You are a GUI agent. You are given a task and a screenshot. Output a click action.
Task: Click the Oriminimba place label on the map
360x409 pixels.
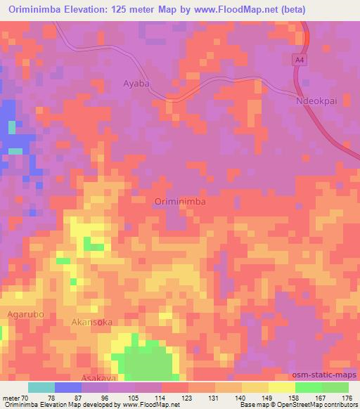(x=179, y=202)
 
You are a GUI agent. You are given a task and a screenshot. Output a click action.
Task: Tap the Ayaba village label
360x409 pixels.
(x=136, y=83)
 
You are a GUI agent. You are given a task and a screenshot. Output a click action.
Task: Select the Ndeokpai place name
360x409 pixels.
(x=316, y=100)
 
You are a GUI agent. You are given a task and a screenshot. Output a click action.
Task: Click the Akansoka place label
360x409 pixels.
(x=92, y=322)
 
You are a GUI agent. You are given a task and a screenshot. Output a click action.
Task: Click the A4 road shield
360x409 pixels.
(x=300, y=61)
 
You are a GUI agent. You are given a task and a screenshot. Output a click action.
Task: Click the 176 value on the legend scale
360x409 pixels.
(x=348, y=397)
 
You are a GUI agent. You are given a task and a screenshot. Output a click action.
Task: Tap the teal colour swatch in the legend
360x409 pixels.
(x=41, y=387)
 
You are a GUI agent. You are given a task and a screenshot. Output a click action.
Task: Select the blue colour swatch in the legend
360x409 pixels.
(x=68, y=387)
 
